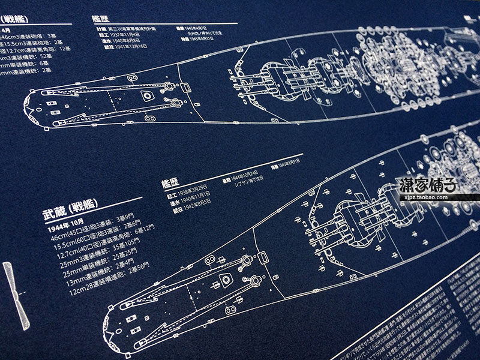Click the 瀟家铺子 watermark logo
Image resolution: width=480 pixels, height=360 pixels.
pyautogui.click(x=427, y=184)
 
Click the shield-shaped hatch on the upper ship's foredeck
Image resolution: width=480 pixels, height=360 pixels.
pyautogui.click(x=145, y=95)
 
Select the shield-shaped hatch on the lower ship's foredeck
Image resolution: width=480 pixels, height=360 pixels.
pyautogui.click(x=226, y=278)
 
